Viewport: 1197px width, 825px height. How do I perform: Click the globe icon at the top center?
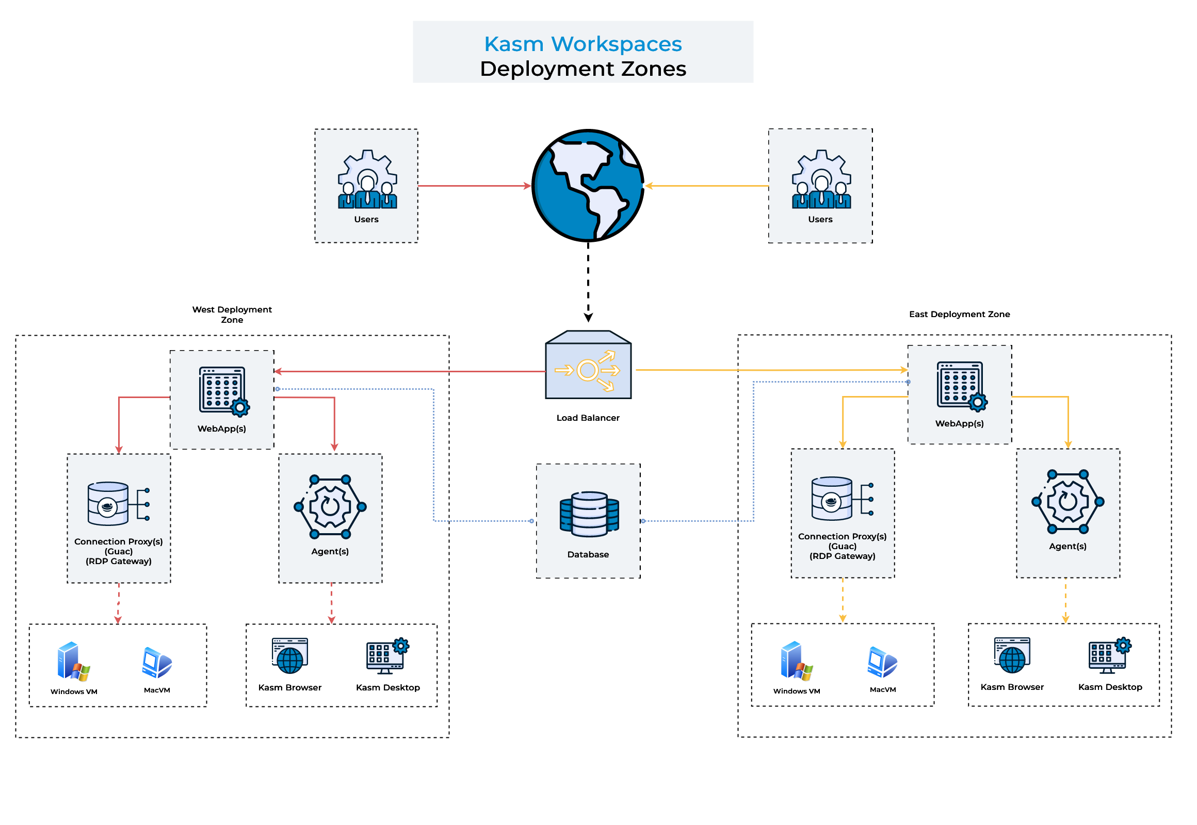[x=588, y=185]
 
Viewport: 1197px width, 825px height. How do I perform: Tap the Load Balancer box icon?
[x=588, y=365]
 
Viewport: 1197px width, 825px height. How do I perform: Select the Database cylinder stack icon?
[x=589, y=514]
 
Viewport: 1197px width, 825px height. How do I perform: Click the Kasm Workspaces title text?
[x=583, y=44]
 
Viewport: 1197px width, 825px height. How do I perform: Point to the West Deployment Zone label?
[x=232, y=315]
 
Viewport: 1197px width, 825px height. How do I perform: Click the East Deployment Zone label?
[x=959, y=314]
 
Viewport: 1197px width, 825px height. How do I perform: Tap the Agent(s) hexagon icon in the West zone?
[x=330, y=506]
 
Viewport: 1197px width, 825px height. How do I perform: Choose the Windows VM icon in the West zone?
[x=73, y=661]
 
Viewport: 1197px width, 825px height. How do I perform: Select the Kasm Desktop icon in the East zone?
[x=1109, y=655]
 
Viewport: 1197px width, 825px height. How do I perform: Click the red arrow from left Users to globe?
[x=473, y=186]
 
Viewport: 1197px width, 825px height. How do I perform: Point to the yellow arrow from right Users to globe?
[x=706, y=186]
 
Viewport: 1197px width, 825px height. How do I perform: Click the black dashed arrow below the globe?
[x=588, y=282]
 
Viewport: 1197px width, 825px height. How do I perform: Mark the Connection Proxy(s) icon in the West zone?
[x=118, y=503]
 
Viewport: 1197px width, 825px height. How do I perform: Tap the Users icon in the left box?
[x=367, y=180]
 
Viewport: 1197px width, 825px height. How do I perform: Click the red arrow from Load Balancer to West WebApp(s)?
[x=409, y=371]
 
